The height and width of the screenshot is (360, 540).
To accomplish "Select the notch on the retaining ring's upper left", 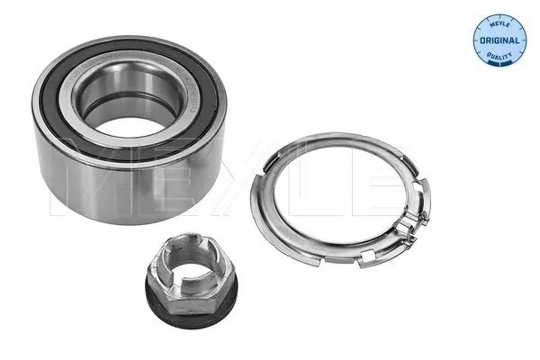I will coord(290,153).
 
